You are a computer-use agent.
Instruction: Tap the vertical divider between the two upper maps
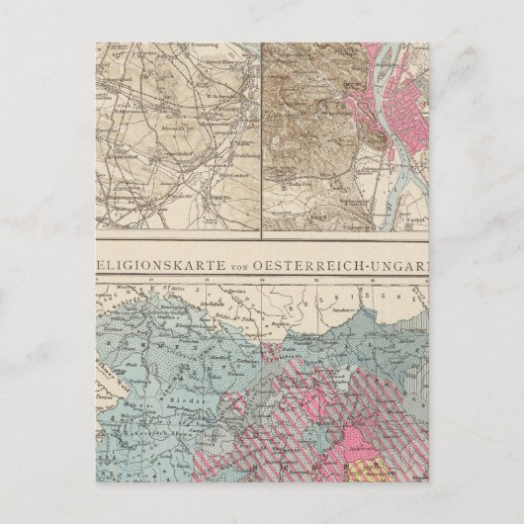click(260, 138)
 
